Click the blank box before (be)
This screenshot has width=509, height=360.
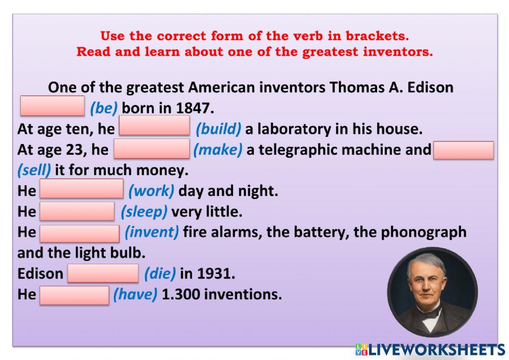tap(52, 106)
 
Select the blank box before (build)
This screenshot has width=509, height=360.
tap(154, 126)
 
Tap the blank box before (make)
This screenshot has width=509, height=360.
tap(152, 150)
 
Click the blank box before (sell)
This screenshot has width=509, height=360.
tap(463, 150)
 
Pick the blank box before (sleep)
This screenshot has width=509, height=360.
tap(77, 211)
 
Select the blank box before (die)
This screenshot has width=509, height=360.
tap(103, 273)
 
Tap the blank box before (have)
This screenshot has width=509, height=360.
tap(74, 295)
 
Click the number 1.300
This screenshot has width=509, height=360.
tap(178, 294)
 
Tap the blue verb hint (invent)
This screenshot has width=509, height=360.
tap(152, 232)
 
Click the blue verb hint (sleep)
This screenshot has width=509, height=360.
tap(144, 211)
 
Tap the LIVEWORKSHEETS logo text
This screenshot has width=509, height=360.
tap(435, 350)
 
